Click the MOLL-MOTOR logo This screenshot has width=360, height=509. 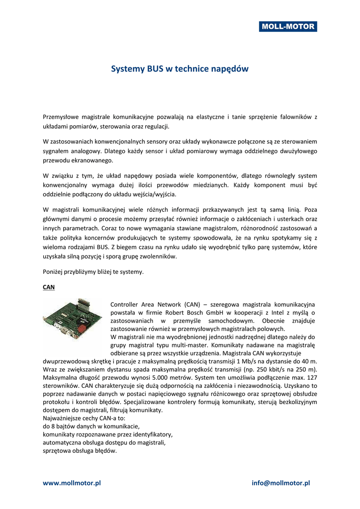[287, 26]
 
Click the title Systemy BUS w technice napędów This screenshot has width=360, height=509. [180, 69]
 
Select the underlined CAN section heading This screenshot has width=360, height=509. [49, 287]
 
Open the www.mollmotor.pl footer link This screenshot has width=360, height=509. [72, 483]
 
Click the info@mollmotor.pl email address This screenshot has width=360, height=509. [281, 483]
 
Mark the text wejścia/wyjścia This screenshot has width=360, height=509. [154, 194]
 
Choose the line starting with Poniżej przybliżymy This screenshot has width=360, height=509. [93, 271]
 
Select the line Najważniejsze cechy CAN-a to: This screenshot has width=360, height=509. [84, 419]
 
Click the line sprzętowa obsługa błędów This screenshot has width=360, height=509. [80, 451]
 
